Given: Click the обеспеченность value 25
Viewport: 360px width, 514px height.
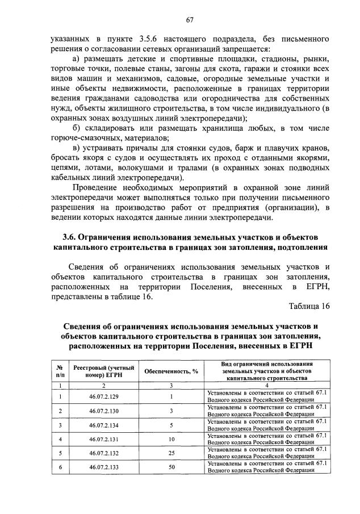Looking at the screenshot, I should [x=170, y=453].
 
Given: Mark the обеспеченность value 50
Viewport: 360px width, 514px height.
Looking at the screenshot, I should [x=170, y=467].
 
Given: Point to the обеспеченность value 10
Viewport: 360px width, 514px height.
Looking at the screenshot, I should [x=170, y=439].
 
